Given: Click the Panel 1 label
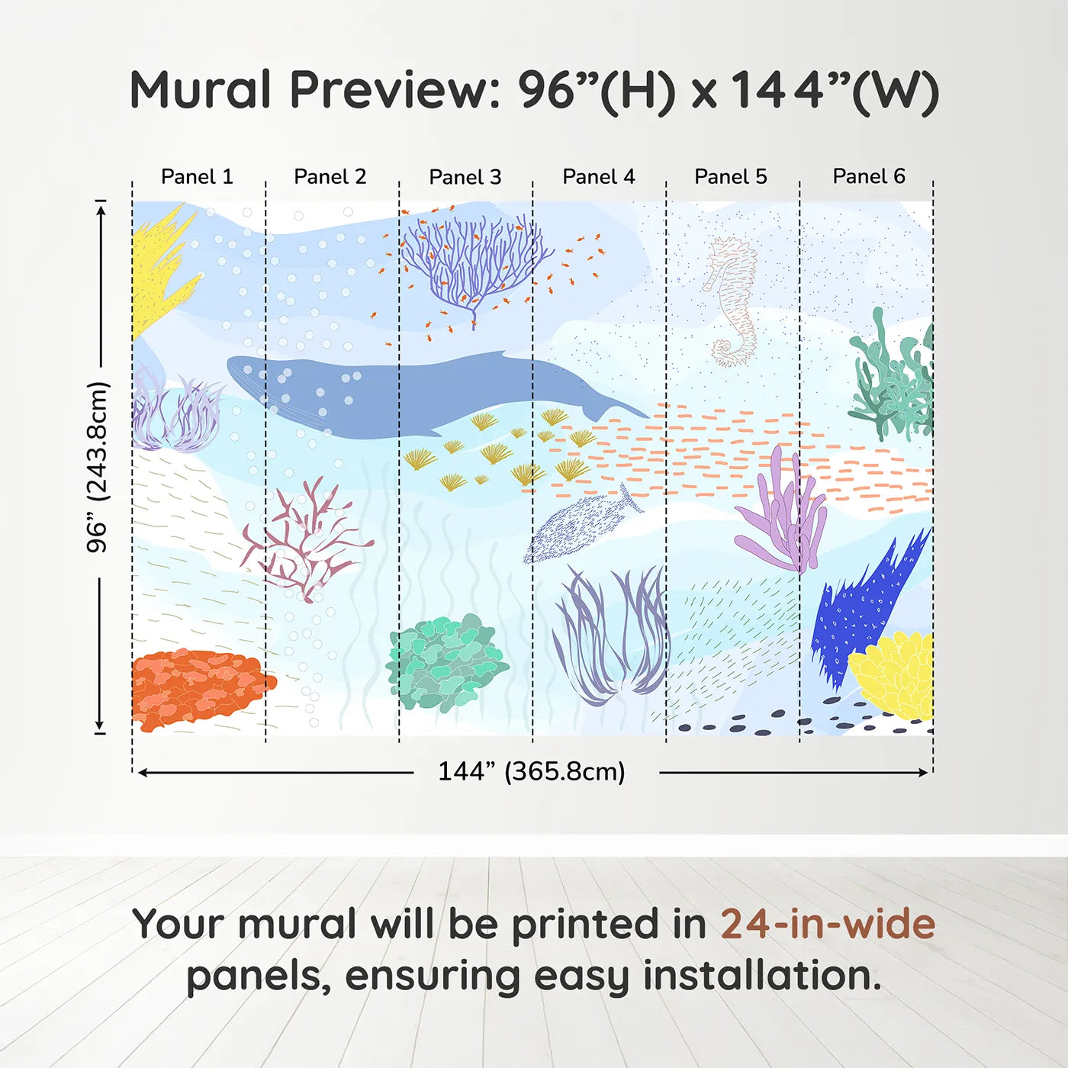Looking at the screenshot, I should coord(197,177).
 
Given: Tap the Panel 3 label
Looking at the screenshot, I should coord(465,178).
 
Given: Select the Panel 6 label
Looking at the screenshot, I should coord(868,177).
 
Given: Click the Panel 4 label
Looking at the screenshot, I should coord(598,177).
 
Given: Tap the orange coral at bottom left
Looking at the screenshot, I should coord(198,687).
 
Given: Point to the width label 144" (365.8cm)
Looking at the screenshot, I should coord(531,771).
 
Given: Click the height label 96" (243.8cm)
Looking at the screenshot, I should coord(98,467).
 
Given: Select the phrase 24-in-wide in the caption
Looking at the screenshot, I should coord(828,925).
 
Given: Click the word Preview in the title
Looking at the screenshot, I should coord(394,90).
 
